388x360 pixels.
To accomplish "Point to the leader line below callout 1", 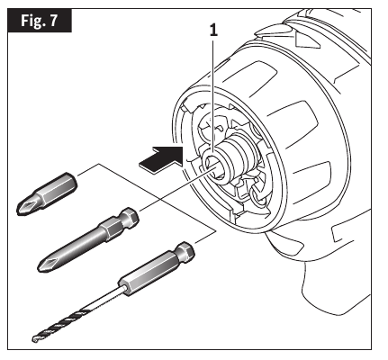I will tap(213, 99).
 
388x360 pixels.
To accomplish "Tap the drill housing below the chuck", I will tap(333, 270).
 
